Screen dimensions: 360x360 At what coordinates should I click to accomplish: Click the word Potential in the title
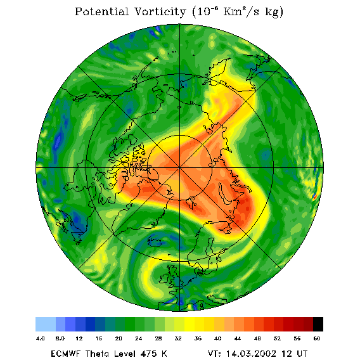tap(101, 11)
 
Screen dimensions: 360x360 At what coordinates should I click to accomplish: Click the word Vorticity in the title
tap(160, 11)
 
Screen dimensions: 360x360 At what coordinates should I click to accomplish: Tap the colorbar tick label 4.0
tap(40, 338)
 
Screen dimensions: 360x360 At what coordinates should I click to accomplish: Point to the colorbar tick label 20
tap(119, 338)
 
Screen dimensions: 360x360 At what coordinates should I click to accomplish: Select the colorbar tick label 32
tap(178, 338)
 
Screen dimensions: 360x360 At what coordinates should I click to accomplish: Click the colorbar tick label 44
tap(238, 338)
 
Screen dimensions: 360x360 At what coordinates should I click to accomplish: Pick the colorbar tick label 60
tap(317, 338)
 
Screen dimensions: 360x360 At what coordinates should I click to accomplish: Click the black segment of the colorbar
tap(318, 324)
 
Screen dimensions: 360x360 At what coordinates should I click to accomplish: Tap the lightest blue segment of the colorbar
tap(46, 324)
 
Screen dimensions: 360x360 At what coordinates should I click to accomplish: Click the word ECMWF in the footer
tap(66, 354)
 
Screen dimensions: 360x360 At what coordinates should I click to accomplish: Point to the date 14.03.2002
tap(251, 354)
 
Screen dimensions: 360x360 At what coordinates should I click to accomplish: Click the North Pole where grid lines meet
tap(179, 168)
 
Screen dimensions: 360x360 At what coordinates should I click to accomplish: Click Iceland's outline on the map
tap(155, 241)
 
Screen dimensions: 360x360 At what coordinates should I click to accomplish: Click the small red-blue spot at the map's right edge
tap(315, 196)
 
